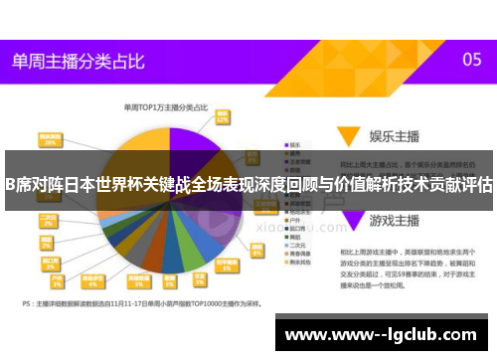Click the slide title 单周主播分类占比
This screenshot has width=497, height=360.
(x=76, y=60)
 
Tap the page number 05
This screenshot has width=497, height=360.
(x=472, y=60)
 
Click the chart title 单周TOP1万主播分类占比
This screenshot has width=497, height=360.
(x=165, y=106)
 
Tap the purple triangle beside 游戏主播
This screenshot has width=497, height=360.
(x=347, y=216)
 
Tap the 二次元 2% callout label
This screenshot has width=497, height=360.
(x=47, y=219)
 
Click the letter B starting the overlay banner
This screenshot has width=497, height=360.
(x=8, y=185)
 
